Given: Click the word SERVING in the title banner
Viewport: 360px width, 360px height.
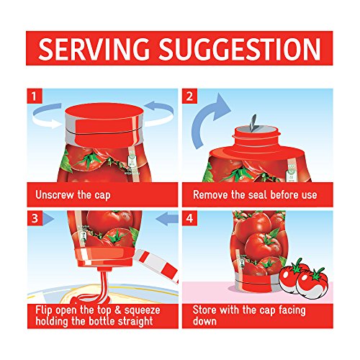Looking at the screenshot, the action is pyautogui.click(x=94, y=49).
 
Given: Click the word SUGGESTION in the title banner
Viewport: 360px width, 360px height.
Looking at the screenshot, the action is pyautogui.click(x=240, y=49).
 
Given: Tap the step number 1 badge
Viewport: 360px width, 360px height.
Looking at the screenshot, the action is pyautogui.click(x=35, y=96).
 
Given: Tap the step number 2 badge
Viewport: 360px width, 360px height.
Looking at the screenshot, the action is pyautogui.click(x=189, y=96).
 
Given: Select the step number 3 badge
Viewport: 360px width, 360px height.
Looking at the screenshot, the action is pyautogui.click(x=35, y=218).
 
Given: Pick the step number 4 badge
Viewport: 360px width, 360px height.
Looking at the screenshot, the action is pyautogui.click(x=189, y=218).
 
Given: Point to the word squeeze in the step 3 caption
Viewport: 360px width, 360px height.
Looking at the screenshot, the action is pyautogui.click(x=142, y=310).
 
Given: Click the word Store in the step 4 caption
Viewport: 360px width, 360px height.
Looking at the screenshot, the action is pyautogui.click(x=204, y=310).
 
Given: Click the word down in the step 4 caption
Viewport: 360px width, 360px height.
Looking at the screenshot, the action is pyautogui.click(x=204, y=321).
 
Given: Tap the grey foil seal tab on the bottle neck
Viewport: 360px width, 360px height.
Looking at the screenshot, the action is pyautogui.click(x=253, y=123).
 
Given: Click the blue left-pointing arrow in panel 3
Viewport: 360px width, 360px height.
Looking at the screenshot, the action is pyautogui.click(x=167, y=219).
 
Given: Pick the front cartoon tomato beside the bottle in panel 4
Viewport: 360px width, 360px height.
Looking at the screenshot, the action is pyautogui.click(x=312, y=282).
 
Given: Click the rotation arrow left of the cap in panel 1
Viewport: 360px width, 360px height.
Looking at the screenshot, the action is pyautogui.click(x=47, y=116).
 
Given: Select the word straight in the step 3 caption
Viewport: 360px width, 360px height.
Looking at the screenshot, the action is pyautogui.click(x=134, y=321).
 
